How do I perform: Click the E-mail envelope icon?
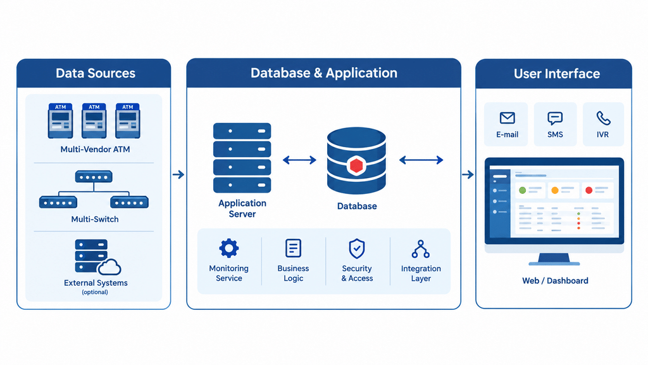tap(507, 118)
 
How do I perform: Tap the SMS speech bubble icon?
tap(555, 118)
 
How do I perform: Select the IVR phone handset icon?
tap(603, 118)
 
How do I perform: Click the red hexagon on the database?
tap(356, 165)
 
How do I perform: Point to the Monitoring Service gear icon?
tap(229, 248)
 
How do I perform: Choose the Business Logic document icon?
tap(294, 248)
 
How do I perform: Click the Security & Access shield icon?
tap(357, 248)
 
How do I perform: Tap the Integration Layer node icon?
tap(421, 248)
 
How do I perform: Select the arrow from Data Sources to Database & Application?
tap(178, 175)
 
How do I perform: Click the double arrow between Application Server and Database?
tap(299, 160)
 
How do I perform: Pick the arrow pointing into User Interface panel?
tap(468, 175)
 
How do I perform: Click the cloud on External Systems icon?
tap(109, 267)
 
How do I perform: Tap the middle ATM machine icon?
tap(94, 121)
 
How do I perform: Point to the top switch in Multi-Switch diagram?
tap(94, 177)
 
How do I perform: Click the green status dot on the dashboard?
tap(522, 190)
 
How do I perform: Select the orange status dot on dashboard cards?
tap(555, 190)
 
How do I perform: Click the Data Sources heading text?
tap(96, 74)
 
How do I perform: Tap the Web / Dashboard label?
tap(555, 281)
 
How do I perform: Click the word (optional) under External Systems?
tap(95, 292)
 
